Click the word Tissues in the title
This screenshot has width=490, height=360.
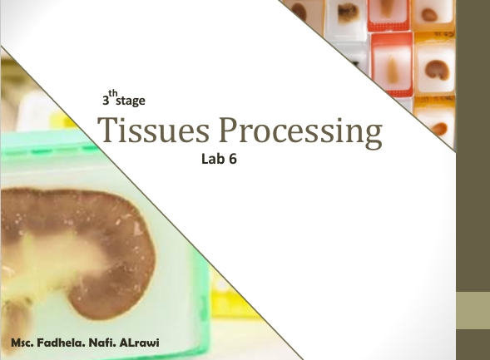[x=153, y=130]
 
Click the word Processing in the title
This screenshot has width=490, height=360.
[x=300, y=132]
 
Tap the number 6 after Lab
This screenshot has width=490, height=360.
[x=233, y=159]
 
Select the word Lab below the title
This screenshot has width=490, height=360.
[x=214, y=159]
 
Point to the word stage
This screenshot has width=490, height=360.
[x=131, y=101]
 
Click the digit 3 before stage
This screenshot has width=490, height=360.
[x=106, y=101]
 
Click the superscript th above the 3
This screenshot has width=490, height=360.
[x=113, y=93]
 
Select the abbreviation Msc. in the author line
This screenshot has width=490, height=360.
[x=22, y=343]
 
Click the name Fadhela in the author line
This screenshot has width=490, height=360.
[x=62, y=343]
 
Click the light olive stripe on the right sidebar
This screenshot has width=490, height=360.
[x=473, y=310]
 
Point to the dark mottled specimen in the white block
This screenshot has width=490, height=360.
[x=348, y=12]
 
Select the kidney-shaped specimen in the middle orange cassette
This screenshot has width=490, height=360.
[x=437, y=70]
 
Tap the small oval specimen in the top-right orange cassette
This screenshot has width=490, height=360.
[x=429, y=15]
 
